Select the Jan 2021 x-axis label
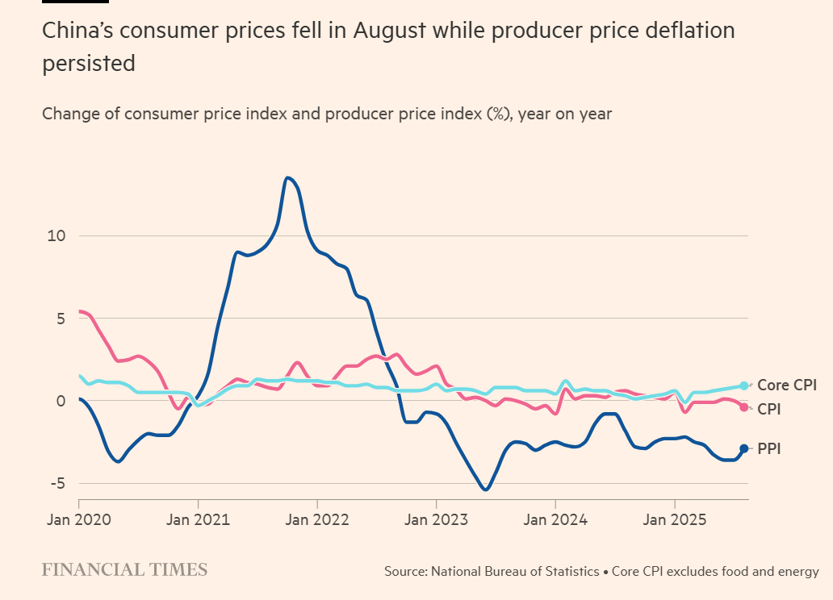tap(198, 519)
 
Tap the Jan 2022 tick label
tap(317, 519)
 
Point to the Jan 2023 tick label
tap(436, 519)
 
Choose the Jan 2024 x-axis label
tap(555, 519)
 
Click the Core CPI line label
tap(787, 385)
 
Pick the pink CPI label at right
tap(768, 410)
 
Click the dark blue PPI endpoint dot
tap(744, 448)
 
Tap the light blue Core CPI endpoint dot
tap(744, 386)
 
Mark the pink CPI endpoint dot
tap(744, 406)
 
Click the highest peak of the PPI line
tap(288, 177)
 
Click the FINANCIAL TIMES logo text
tap(124, 570)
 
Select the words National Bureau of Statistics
tap(516, 572)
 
